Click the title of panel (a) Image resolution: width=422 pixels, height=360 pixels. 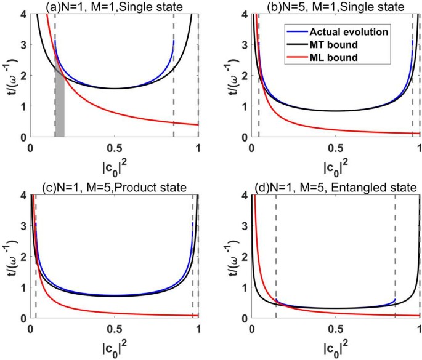114,6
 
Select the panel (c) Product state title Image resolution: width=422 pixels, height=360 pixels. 114,187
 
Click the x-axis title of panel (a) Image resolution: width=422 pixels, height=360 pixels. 114,168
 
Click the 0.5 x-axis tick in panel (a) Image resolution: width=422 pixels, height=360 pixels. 114,148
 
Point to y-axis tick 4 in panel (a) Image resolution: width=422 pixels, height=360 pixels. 22,14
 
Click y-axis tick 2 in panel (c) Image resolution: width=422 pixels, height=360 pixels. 22,257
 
